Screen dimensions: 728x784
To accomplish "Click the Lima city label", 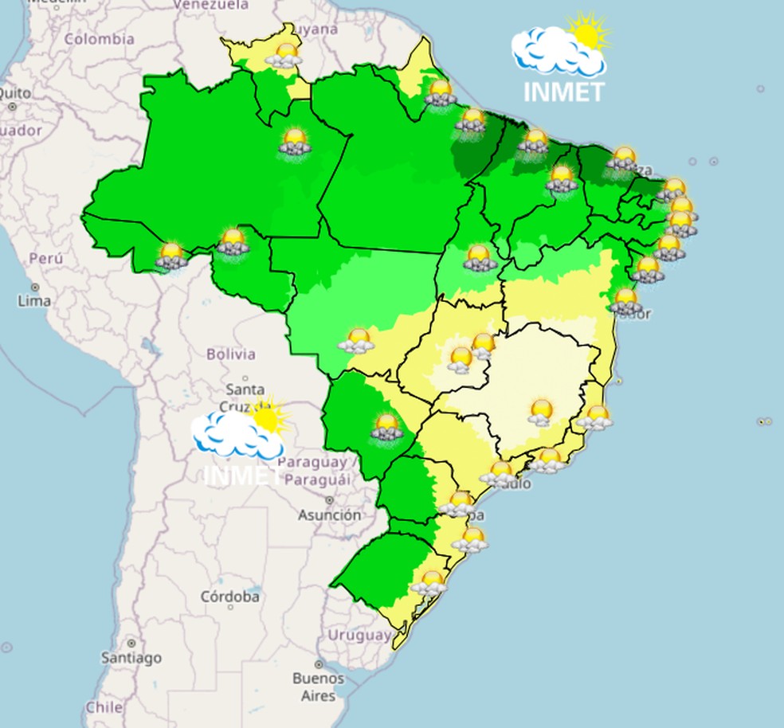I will (33, 301).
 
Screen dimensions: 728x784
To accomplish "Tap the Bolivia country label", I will (230, 354).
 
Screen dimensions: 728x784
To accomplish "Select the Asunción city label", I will (329, 515).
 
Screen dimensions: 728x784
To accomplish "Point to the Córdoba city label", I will (229, 596).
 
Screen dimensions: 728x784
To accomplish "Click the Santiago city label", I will (131, 658).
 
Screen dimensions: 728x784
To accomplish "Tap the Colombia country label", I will (100, 38).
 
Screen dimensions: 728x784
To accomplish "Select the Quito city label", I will (15, 93).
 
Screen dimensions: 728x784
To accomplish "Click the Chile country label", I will (104, 706).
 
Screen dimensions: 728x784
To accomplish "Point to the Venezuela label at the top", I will (210, 4).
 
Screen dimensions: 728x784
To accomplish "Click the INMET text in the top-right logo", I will (564, 92).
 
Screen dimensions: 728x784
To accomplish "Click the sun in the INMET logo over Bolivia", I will (265, 417).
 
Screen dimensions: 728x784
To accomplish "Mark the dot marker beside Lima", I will (35, 287).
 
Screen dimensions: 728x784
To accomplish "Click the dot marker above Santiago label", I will (131, 642).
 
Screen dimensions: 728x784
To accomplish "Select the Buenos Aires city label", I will (317, 687).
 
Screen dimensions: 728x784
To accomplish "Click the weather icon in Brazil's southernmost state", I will (431, 582).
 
